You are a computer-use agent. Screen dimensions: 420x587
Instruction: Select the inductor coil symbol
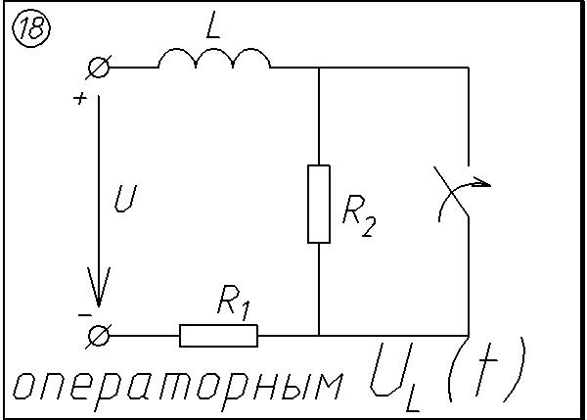point(214,61)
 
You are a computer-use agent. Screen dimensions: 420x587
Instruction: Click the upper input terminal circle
point(99,68)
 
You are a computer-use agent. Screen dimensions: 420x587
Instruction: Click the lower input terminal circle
point(99,336)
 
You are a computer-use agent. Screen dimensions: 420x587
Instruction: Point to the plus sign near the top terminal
point(79,98)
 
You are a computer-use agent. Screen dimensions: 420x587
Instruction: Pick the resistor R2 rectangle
point(320,204)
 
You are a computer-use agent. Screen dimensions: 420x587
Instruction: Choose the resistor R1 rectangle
point(218,336)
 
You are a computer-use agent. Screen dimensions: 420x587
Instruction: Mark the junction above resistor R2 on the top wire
point(320,68)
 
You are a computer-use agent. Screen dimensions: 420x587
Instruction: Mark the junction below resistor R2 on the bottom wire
point(320,336)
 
